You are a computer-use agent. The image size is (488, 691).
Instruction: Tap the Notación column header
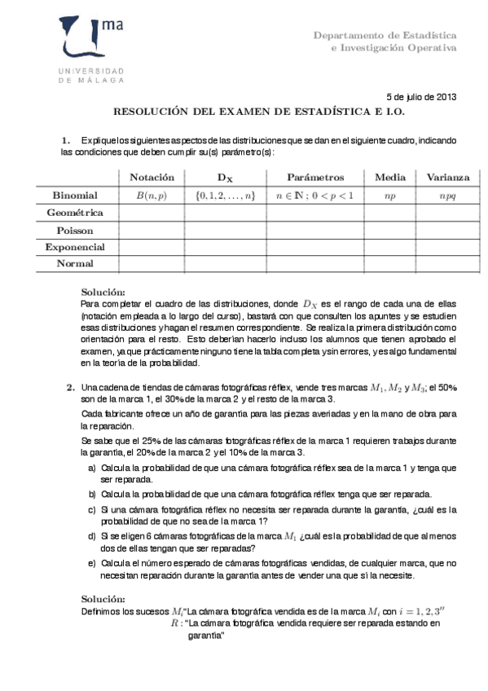(152, 178)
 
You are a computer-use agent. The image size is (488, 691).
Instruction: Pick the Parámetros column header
(314, 178)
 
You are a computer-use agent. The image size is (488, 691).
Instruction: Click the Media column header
(390, 178)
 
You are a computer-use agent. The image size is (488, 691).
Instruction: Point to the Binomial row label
(75, 196)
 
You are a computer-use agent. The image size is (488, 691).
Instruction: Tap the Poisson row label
(75, 230)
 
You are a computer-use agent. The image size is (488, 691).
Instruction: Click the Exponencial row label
(75, 247)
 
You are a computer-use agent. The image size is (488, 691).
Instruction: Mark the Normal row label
(75, 263)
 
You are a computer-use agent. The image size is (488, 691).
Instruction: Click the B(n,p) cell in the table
(152, 196)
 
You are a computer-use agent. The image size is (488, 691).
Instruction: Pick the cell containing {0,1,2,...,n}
(226, 196)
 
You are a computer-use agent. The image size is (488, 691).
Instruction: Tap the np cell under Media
(390, 196)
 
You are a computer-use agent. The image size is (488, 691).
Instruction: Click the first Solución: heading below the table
(104, 292)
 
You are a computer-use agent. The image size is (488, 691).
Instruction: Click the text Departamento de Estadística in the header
(385, 35)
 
